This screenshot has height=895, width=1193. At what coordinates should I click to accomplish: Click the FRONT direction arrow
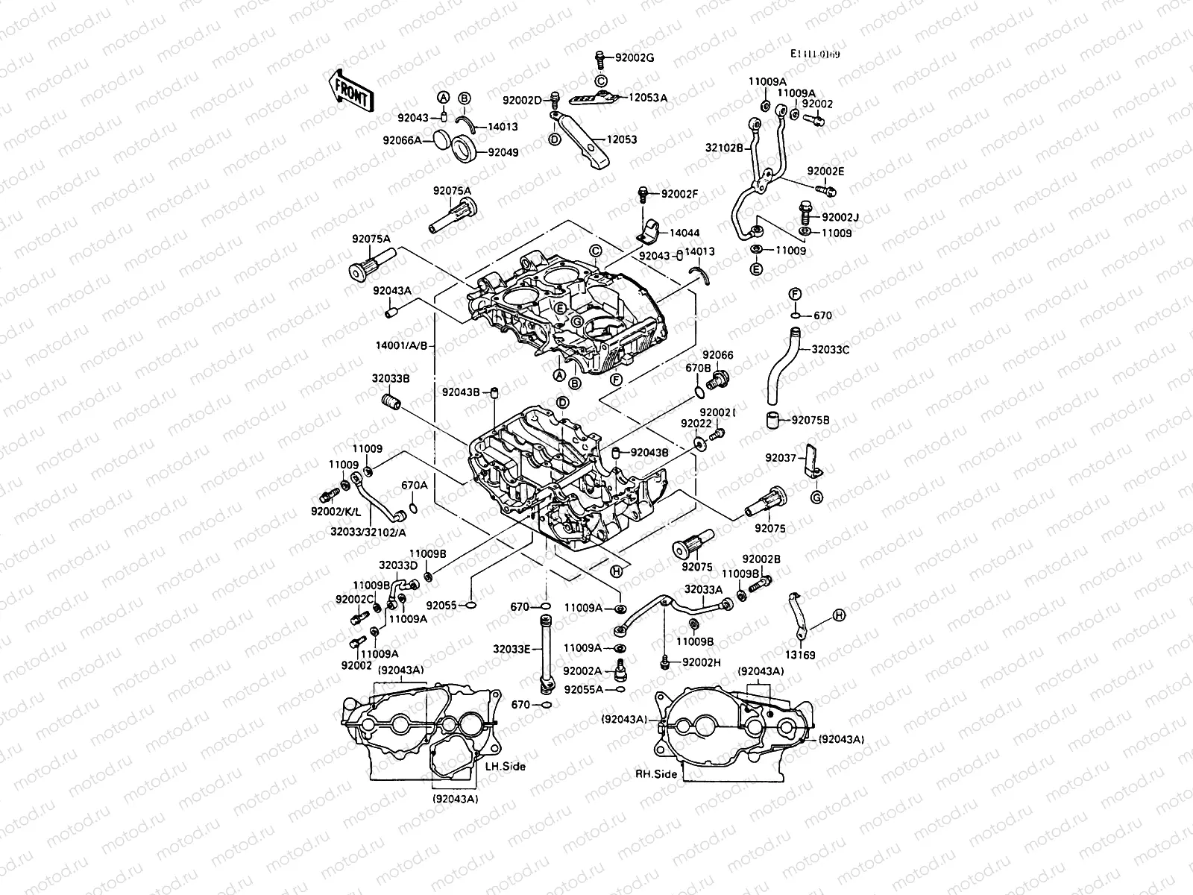pos(349,90)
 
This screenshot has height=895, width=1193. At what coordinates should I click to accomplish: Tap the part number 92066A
pos(423,139)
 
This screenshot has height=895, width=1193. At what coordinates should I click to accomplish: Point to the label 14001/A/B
pos(403,345)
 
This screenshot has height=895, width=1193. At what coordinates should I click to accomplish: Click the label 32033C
pos(830,348)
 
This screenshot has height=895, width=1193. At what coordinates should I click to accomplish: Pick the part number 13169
pos(802,655)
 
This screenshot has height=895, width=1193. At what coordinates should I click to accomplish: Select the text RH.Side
pos(656,774)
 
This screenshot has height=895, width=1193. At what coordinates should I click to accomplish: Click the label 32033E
pos(511,649)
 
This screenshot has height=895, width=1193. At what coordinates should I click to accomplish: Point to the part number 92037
pos(781,458)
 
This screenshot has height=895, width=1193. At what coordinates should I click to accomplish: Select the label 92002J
pos(840,218)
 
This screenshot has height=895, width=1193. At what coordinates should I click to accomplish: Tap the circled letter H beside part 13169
pos(839,615)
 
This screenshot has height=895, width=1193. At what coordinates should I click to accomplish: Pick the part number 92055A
pos(584,690)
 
